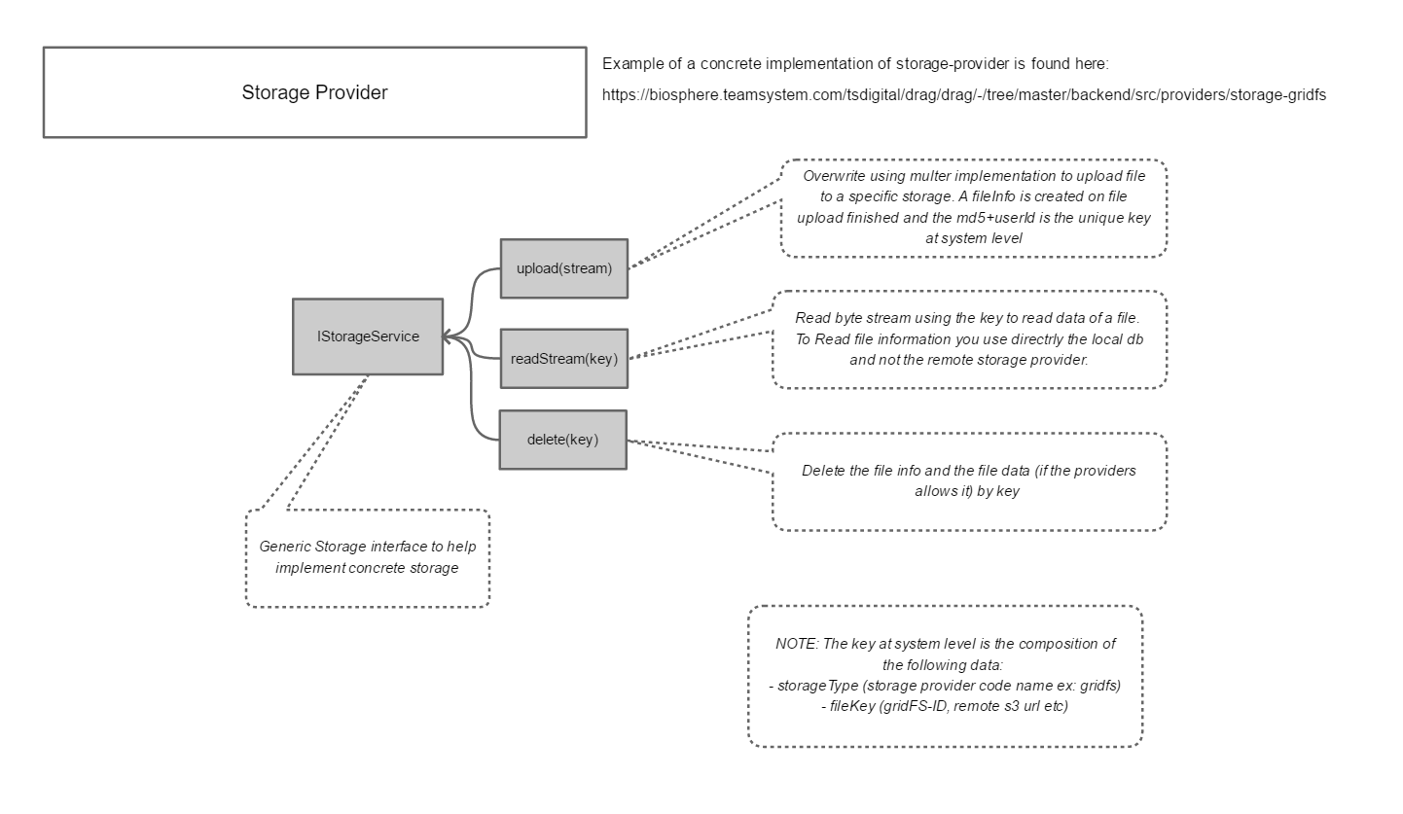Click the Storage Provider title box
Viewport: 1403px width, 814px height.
tap(314, 92)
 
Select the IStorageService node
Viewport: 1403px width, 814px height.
tap(368, 336)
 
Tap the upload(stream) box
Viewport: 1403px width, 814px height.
tap(564, 268)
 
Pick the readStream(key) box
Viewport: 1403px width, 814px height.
tap(564, 359)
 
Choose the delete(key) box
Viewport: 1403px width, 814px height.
tap(562, 440)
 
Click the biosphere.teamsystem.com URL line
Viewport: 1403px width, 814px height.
tap(963, 95)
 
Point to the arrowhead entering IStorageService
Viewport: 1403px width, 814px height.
tap(448, 337)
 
